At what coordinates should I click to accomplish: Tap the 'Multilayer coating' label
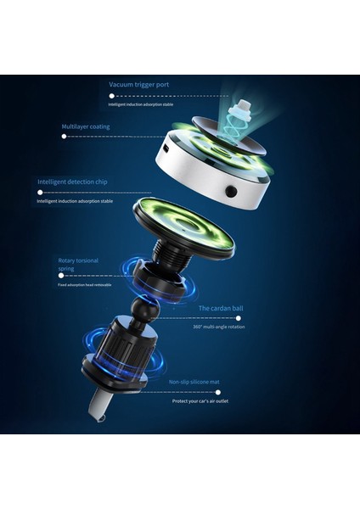click(x=85, y=126)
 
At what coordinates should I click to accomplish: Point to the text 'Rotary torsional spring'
click(x=79, y=264)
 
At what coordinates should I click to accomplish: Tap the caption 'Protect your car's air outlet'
click(x=200, y=400)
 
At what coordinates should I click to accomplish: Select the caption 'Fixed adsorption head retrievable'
click(x=84, y=285)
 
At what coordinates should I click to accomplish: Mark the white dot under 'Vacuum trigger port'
click(x=111, y=96)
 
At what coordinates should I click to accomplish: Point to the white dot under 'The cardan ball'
click(x=238, y=318)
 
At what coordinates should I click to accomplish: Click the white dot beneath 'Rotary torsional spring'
click(x=61, y=276)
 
